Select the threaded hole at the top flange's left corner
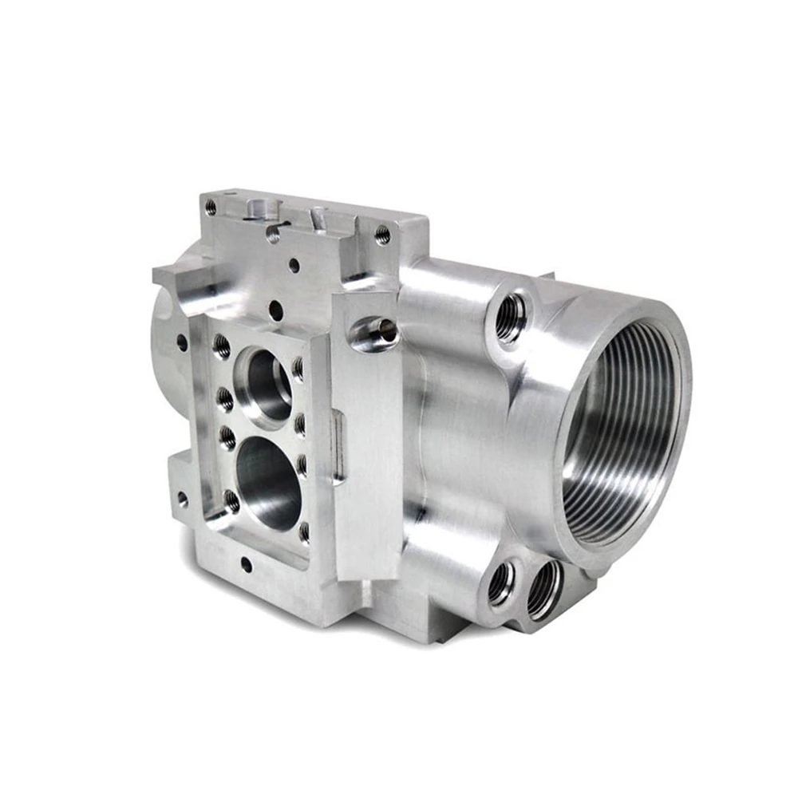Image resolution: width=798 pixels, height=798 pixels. pos(211,207)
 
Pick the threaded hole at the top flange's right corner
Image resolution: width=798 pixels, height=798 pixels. pos(382,234)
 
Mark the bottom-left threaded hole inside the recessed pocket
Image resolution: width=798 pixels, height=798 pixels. pos(231,501)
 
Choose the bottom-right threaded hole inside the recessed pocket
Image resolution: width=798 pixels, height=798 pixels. pos(304,531)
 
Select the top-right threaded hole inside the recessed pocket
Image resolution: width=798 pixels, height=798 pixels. pos(298,368)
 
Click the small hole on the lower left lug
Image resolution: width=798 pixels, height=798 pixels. pos(183,500)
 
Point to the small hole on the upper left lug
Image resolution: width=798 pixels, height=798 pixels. pos(182,342)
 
